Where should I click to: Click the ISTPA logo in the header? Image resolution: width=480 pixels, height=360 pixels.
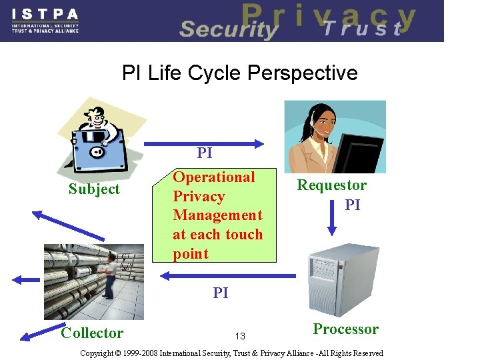(x=45, y=20)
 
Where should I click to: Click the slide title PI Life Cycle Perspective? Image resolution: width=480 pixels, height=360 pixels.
(x=240, y=73)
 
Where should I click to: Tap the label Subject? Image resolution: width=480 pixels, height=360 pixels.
(x=94, y=189)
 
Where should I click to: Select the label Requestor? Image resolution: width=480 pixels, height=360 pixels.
(x=331, y=185)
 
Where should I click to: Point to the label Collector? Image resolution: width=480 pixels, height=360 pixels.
(x=92, y=333)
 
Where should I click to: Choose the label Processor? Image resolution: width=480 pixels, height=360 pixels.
(x=345, y=329)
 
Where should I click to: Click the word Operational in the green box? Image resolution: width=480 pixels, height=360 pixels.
(x=213, y=177)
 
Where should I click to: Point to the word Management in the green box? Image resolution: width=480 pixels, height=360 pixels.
(x=217, y=215)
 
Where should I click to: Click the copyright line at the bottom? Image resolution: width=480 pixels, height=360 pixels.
(x=231, y=353)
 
